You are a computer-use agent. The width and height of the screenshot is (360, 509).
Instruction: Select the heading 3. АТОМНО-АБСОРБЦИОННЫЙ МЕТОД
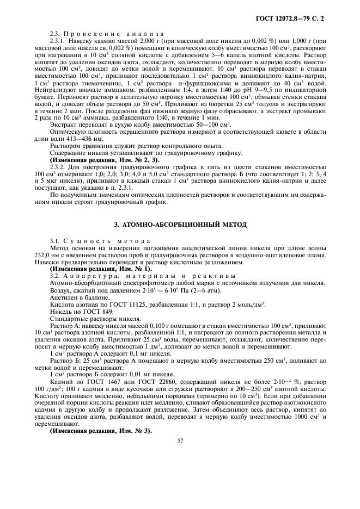tap(180, 224)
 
